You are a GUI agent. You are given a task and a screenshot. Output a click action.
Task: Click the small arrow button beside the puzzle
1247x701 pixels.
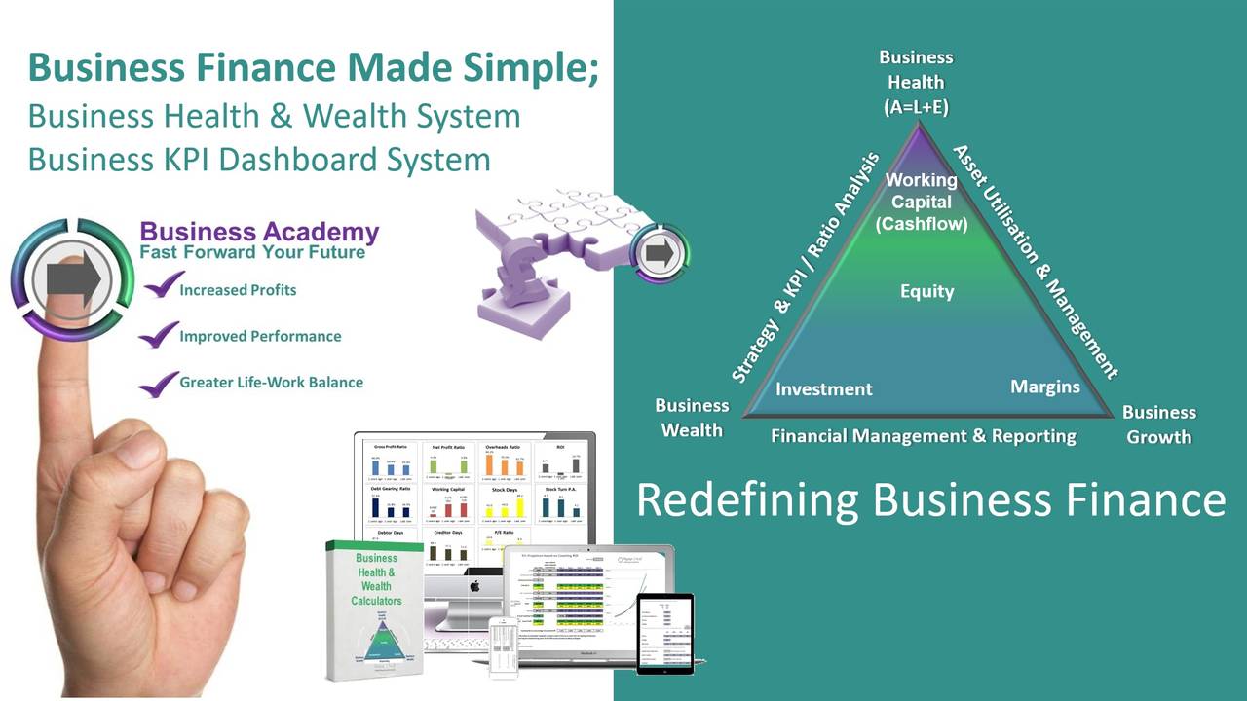[661, 253]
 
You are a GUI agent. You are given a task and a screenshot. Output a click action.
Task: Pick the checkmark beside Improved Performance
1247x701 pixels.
[158, 335]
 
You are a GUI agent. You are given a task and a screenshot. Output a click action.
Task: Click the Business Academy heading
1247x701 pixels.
[259, 232]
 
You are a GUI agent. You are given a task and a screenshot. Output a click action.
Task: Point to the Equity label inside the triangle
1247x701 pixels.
[926, 291]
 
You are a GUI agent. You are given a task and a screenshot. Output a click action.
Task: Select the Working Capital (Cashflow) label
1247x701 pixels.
[921, 202]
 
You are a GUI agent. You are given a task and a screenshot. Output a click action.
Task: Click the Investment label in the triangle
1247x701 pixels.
[823, 388]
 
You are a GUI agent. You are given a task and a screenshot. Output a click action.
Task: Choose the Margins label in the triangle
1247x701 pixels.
[1044, 387]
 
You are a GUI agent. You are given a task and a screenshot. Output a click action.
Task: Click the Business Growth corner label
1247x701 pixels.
[1158, 424]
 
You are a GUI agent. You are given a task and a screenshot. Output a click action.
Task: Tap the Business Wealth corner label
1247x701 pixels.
[692, 418]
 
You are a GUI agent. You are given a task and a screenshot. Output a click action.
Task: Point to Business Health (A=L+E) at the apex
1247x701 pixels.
[916, 83]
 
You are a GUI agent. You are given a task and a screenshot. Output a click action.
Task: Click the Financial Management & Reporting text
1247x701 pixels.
[923, 436]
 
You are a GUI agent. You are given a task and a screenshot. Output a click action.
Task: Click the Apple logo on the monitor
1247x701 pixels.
[475, 586]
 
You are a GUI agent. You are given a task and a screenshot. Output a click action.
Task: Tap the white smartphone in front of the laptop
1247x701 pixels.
[504, 647]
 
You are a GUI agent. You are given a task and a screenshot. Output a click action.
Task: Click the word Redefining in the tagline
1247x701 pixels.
[747, 499]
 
